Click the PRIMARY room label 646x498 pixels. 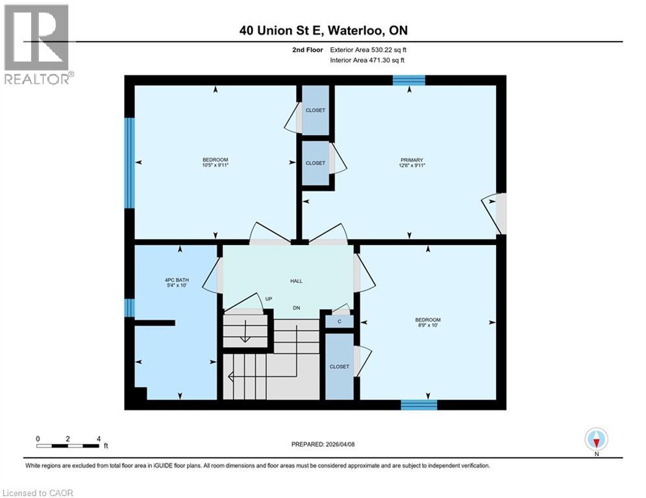tap(412, 160)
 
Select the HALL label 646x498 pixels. tap(296, 281)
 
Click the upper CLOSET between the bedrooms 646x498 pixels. tap(316, 110)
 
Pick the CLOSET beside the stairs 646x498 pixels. tap(339, 366)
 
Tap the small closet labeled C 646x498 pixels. tap(339, 320)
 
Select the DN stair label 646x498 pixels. tap(296, 308)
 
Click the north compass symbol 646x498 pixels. tap(595, 440)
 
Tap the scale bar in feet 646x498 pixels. tap(68, 445)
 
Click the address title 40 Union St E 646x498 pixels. tap(323, 30)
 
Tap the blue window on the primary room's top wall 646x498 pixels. tap(408, 80)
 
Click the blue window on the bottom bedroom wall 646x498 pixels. tap(418, 405)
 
